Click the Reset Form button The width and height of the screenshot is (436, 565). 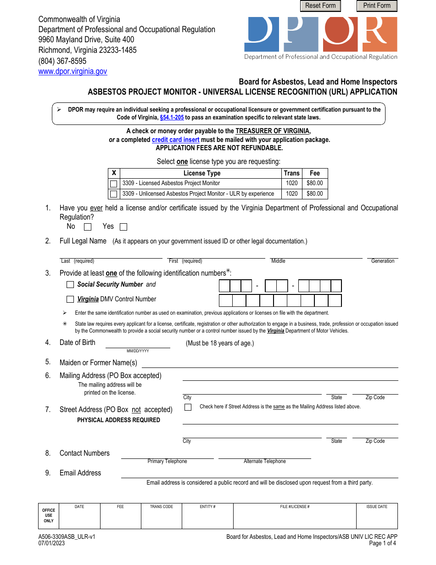tap(320, 6)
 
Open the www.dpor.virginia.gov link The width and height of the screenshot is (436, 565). tap(73, 71)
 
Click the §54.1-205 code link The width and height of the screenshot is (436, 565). tap(172, 117)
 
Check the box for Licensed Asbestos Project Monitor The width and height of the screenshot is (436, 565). tap(114, 184)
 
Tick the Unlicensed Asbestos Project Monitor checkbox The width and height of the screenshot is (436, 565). tap(114, 194)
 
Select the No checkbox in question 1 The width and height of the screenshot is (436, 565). tap(88, 227)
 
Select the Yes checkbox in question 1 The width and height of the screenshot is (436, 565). tap(123, 227)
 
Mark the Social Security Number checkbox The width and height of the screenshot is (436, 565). tap(70, 285)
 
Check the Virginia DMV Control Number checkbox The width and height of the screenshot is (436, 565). tap(70, 299)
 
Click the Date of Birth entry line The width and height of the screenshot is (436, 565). tap(138, 344)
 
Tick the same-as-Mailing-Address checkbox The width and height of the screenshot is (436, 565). tap(188, 407)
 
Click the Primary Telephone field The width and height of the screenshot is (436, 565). tap(167, 454)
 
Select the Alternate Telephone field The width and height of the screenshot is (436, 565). tap(264, 454)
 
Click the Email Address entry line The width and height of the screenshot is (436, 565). tap(259, 474)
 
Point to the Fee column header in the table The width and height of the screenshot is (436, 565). tap(314, 173)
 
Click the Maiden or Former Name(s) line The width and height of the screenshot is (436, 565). tap(270, 363)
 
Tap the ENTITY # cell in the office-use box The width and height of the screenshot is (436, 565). tap(207, 516)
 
